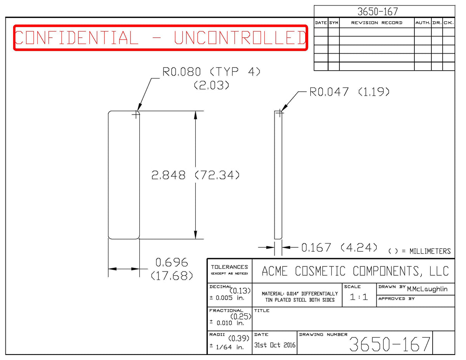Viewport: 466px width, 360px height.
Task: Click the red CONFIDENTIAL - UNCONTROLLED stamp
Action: pyautogui.click(x=160, y=38)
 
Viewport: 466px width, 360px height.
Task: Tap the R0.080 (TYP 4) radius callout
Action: pyautogui.click(x=211, y=71)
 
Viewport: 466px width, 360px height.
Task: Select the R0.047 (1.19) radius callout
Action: pyautogui.click(x=349, y=92)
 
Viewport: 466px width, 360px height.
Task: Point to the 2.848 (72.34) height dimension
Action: pyautogui.click(x=195, y=175)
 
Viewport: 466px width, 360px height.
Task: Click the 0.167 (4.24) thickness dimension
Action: pyautogui.click(x=339, y=248)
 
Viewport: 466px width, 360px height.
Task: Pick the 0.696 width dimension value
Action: pyautogui.click(x=172, y=262)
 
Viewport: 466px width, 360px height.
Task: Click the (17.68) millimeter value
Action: pyautogui.click(x=172, y=276)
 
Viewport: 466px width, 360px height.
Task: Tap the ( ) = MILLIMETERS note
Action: pyautogui.click(x=419, y=251)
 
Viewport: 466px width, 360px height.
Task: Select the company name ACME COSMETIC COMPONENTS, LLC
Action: pyautogui.click(x=355, y=271)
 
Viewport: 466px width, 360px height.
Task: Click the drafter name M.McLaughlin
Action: pyautogui.click(x=427, y=289)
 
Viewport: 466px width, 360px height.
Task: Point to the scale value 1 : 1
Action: pyautogui.click(x=359, y=297)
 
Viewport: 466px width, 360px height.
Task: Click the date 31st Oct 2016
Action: pyautogui.click(x=275, y=345)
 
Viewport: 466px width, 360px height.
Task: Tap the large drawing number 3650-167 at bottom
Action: pyautogui.click(x=389, y=344)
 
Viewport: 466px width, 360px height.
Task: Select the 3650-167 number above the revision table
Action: pyautogui.click(x=377, y=12)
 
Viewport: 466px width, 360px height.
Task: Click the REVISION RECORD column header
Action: pyautogui.click(x=377, y=23)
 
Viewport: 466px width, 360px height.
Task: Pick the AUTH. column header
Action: pyautogui.click(x=423, y=23)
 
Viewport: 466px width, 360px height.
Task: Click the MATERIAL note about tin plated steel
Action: pyautogui.click(x=300, y=297)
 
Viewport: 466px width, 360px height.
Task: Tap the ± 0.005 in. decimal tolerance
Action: pyautogui.click(x=227, y=298)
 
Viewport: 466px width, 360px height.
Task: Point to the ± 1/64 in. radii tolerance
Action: pyautogui.click(x=227, y=347)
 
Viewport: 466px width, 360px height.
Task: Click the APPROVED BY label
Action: pyautogui.click(x=396, y=299)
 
